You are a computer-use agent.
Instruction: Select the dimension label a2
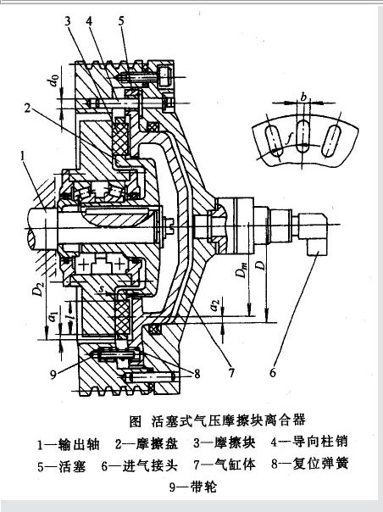pyautogui.click(x=215, y=303)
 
